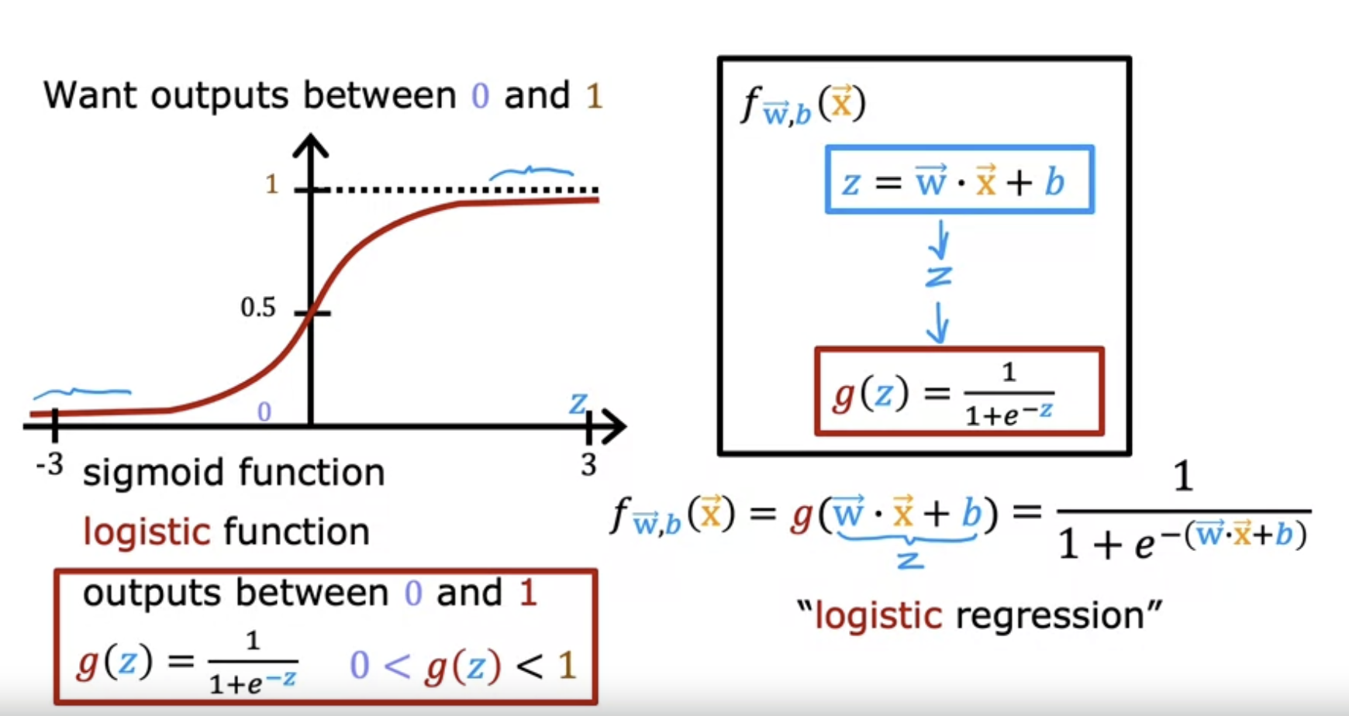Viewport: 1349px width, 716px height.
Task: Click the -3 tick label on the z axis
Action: [50, 465]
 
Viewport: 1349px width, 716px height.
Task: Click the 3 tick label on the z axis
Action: [588, 465]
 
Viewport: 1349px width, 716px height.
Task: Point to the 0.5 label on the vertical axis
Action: [258, 308]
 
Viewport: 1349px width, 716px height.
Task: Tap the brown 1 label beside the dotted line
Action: [271, 184]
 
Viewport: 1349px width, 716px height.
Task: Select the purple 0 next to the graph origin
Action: [264, 411]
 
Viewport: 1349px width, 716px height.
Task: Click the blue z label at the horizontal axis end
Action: [578, 404]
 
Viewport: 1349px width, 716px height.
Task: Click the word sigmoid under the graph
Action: [155, 472]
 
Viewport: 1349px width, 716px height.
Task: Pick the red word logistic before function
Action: [147, 532]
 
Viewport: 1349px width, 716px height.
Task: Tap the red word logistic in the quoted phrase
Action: [878, 616]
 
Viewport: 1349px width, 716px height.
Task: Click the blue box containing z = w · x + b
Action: [959, 180]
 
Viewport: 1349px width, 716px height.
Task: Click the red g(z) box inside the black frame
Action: [959, 392]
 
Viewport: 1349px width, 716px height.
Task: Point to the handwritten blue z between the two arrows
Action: [938, 277]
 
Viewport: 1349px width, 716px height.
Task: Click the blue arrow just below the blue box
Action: [940, 240]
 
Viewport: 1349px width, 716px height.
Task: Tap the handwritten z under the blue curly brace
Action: [910, 559]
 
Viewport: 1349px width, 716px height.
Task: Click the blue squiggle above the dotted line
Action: [531, 173]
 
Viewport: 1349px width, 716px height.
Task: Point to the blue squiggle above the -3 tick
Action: [81, 392]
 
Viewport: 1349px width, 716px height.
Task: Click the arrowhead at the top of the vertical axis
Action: [311, 146]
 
